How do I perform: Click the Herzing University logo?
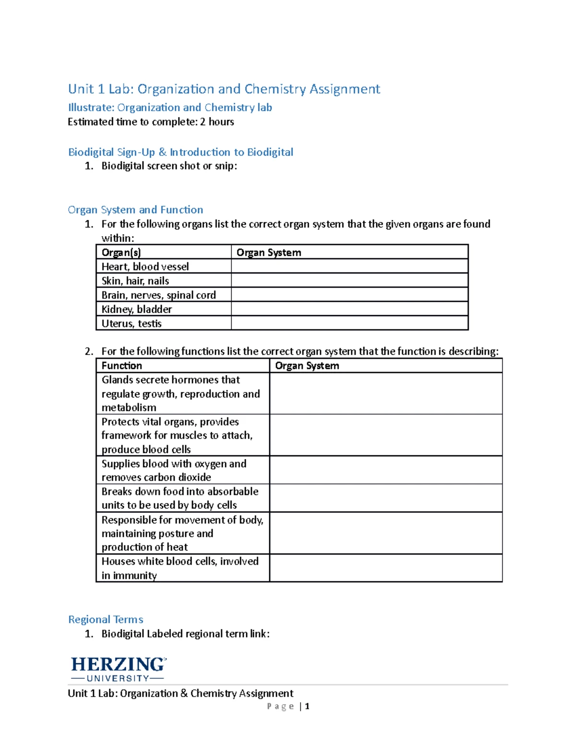pos(118,669)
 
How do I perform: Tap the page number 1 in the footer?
pos(307,706)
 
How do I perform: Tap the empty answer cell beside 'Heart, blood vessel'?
pos(349,267)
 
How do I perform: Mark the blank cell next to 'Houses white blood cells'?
pos(386,568)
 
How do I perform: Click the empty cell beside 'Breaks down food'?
pos(386,498)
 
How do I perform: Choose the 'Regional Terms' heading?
pos(106,619)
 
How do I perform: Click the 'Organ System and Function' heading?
pos(135,210)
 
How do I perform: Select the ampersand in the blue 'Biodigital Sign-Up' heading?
pos(162,152)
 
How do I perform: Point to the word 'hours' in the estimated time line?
pos(221,122)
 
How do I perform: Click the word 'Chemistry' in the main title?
pos(275,89)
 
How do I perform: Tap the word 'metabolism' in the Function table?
pos(129,408)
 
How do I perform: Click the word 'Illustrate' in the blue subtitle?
pos(91,107)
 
